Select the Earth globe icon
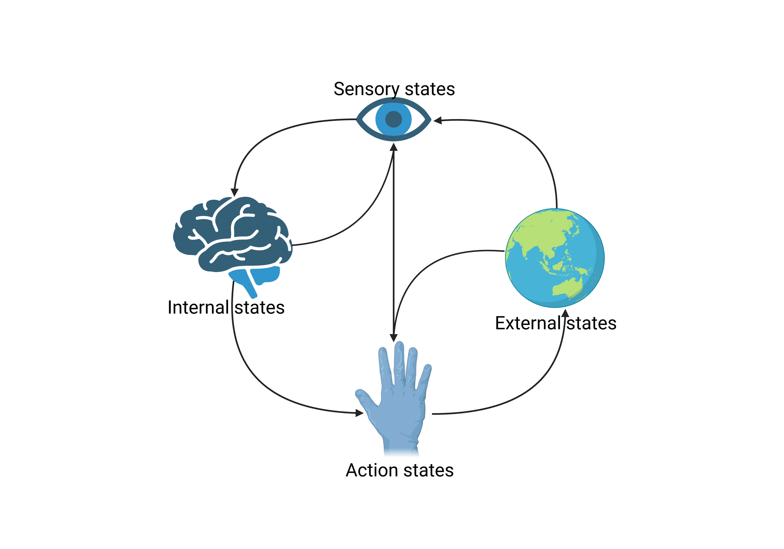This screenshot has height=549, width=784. coord(555,258)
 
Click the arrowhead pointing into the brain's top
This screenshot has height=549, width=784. coord(235,192)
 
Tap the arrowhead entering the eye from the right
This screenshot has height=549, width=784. coord(437,120)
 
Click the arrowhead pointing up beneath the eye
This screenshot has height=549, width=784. coord(394,147)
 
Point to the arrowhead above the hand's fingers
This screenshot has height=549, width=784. coord(394,338)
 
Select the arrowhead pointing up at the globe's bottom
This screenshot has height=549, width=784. coord(566,313)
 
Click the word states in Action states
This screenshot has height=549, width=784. coord(429,470)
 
